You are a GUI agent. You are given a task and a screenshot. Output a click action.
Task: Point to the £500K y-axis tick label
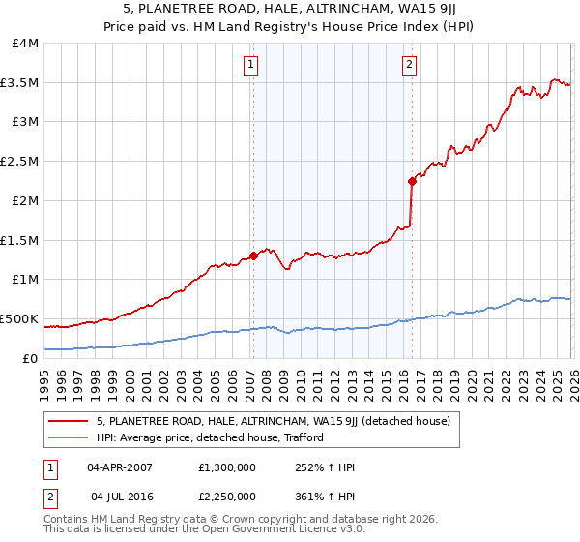coord(19,318)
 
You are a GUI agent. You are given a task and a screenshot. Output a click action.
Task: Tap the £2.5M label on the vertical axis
coord(20,162)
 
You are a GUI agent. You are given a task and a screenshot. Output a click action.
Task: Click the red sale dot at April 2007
coord(253,256)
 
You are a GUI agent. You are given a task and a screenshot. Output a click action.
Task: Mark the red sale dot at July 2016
coord(412,181)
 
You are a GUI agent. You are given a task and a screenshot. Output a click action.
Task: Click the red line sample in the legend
coord(69,421)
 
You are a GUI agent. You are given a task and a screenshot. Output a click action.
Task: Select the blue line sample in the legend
coord(69,437)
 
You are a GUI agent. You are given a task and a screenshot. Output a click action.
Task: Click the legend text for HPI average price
coord(209,437)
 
